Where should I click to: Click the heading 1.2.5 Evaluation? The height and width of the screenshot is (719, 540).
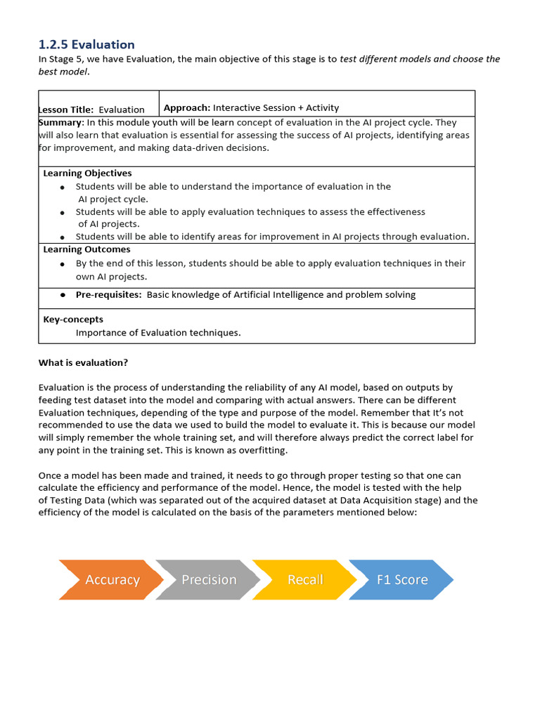(86, 44)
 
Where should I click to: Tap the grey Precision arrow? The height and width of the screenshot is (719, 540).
(209, 579)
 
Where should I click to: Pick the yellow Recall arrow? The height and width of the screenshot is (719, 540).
(305, 579)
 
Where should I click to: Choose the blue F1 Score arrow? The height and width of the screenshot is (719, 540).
(401, 579)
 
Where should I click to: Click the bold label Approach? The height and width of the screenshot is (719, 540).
(187, 107)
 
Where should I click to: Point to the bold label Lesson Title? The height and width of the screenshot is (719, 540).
(66, 110)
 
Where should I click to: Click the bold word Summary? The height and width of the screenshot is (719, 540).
(60, 122)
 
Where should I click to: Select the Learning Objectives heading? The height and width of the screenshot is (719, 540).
(87, 173)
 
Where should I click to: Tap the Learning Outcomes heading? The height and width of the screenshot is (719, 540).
(86, 249)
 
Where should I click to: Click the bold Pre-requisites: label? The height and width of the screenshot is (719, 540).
(109, 295)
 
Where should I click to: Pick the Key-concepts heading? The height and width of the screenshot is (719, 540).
(73, 319)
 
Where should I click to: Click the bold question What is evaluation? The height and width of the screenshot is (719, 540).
(83, 363)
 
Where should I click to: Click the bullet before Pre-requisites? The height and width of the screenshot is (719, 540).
(63, 296)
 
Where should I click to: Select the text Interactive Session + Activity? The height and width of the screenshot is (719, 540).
(276, 107)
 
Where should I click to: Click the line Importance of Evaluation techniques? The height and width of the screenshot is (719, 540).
(158, 333)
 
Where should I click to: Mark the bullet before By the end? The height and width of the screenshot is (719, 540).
(63, 264)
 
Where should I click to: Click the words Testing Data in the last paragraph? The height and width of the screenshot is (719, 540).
(78, 500)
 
